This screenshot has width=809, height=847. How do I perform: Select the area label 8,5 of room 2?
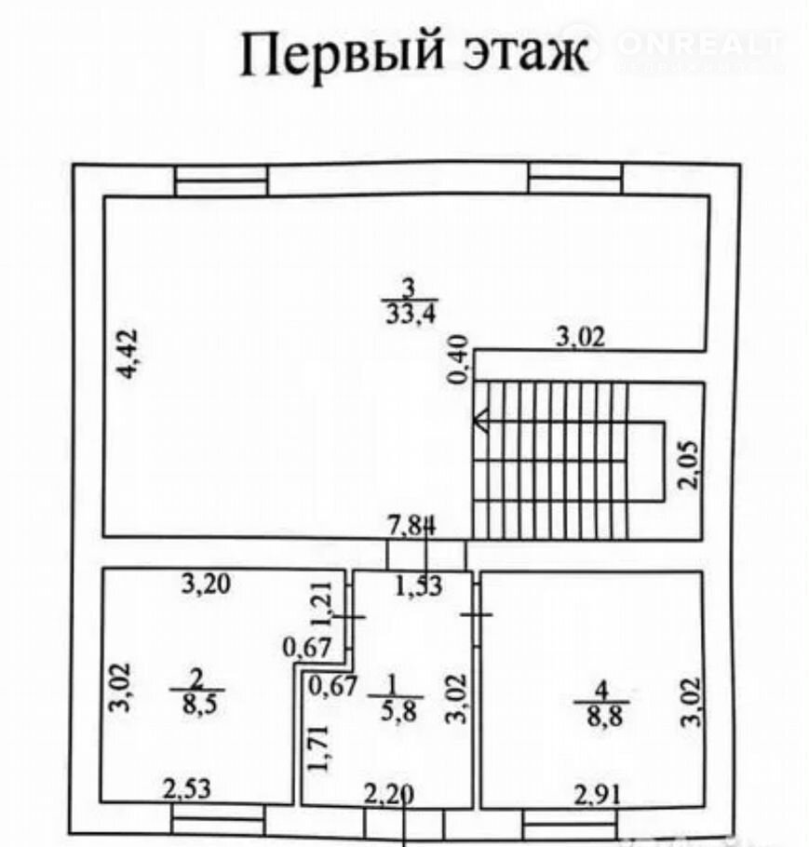196,704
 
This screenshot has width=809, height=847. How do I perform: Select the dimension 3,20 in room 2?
207,585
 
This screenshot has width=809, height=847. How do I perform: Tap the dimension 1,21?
321,606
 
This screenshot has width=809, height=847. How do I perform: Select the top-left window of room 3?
222,181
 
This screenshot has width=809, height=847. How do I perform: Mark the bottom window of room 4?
569,824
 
